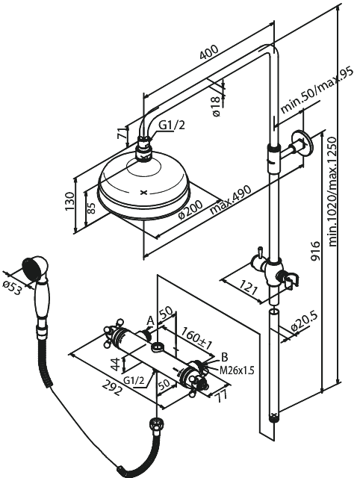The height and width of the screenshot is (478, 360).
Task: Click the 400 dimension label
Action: coord(209,52)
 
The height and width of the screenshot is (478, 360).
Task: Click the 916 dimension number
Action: coord(316,251)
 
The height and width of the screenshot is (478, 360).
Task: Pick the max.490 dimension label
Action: coord(231,199)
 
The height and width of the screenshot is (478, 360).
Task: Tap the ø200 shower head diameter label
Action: coord(190,209)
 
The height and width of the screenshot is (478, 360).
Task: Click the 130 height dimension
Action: coord(69,201)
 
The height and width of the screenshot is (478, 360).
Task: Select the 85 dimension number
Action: coord(91,208)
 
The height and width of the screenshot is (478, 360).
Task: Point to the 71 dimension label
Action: coord(122,133)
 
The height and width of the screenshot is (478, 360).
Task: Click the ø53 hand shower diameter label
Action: coord(12,288)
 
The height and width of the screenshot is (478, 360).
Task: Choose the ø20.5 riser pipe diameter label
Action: coord(304,322)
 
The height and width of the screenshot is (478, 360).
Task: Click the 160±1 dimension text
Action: coord(196,338)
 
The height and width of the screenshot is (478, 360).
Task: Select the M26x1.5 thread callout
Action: coord(237,370)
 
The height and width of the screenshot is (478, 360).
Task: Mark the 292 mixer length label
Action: coord(112,388)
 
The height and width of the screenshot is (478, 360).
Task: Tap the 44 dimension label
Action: coord(114,364)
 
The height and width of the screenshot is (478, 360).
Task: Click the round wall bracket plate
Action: coord(302,143)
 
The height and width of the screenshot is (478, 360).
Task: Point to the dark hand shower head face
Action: coord(31,267)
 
